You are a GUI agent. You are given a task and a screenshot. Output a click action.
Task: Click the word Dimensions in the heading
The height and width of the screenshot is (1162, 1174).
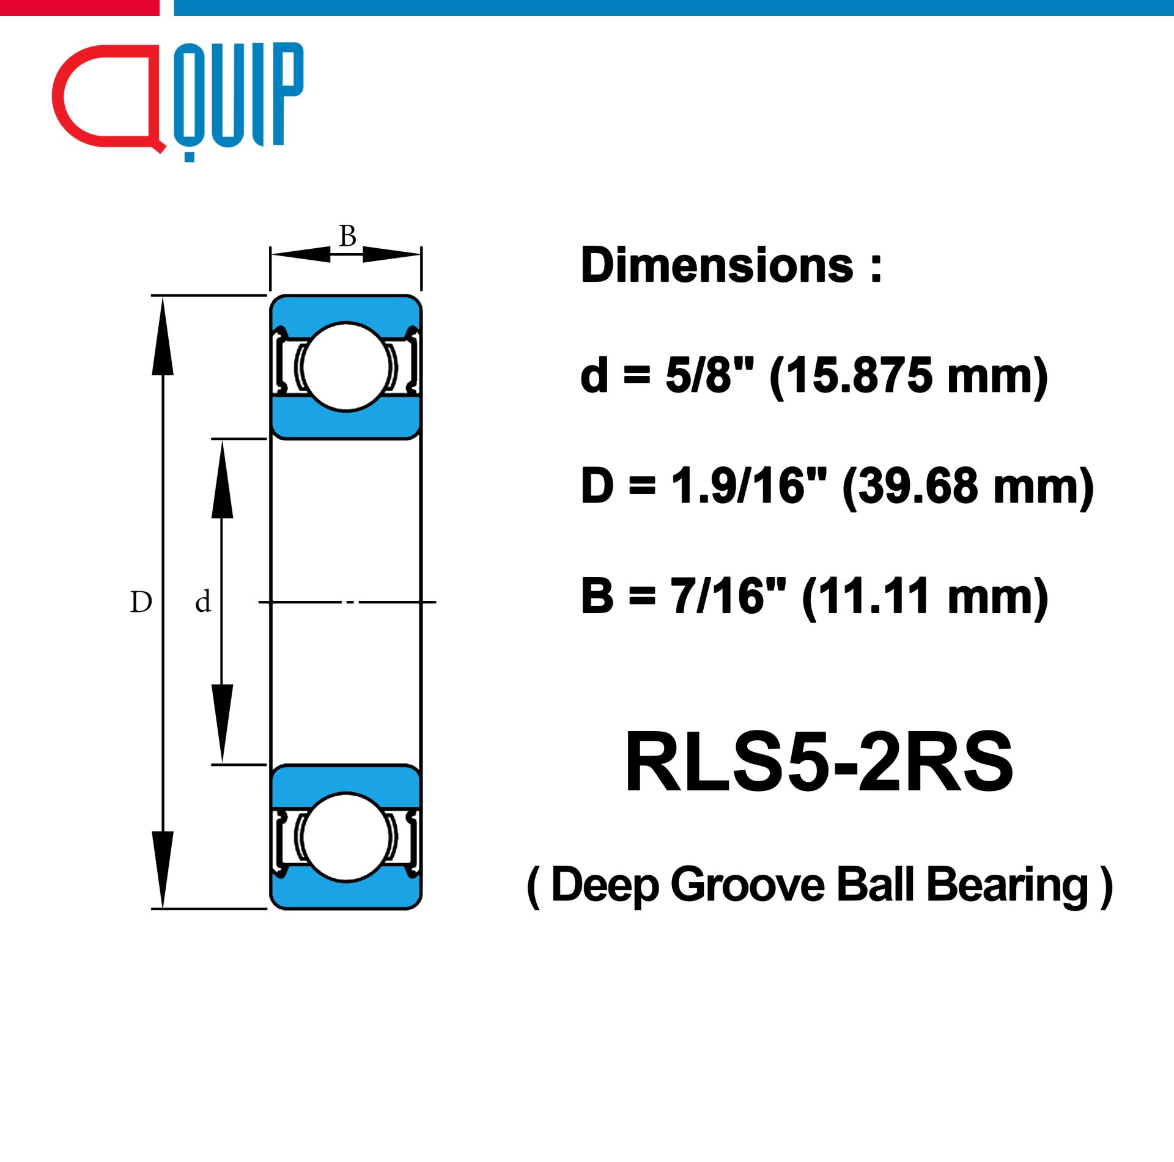coord(717,266)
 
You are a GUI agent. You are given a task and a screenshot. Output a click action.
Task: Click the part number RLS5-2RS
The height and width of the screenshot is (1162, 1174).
coord(819,762)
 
